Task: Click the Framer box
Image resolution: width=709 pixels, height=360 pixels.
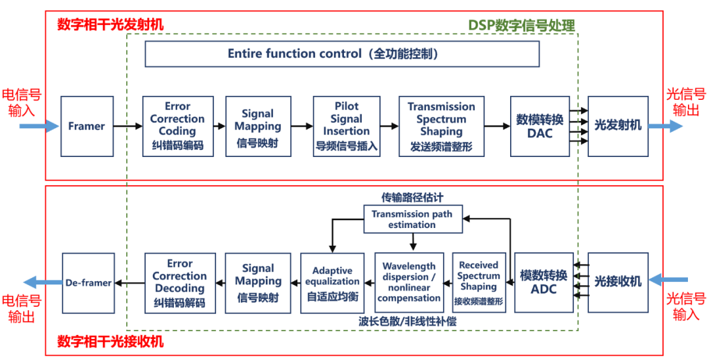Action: pyautogui.click(x=87, y=126)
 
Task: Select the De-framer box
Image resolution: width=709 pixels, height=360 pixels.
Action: pyautogui.click(x=88, y=283)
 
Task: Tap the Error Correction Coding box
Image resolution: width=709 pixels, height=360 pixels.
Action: pyautogui.click(x=178, y=126)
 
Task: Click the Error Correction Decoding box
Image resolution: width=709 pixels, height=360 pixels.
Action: pyautogui.click(x=179, y=282)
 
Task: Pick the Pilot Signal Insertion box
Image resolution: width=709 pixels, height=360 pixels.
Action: pyautogui.click(x=346, y=126)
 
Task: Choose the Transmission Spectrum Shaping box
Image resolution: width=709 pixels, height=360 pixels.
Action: pyautogui.click(x=441, y=126)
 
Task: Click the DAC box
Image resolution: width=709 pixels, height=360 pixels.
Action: pyautogui.click(x=540, y=126)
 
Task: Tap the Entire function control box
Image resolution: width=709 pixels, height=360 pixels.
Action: pyautogui.click(x=341, y=54)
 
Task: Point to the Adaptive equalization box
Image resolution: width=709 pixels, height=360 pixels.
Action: pyautogui.click(x=332, y=282)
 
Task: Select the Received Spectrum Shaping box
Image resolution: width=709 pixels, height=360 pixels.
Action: pyautogui.click(x=479, y=282)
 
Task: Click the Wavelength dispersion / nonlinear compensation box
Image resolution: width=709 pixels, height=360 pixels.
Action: pyautogui.click(x=409, y=282)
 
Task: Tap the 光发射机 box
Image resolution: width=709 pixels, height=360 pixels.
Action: pyautogui.click(x=618, y=126)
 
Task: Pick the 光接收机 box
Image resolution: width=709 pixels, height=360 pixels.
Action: pyautogui.click(x=618, y=282)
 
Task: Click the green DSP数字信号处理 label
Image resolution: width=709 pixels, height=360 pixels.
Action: pyautogui.click(x=521, y=26)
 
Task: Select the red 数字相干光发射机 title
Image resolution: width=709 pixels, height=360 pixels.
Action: pyautogui.click(x=110, y=24)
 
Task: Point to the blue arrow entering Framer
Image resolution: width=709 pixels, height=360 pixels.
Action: pyautogui.click(x=39, y=126)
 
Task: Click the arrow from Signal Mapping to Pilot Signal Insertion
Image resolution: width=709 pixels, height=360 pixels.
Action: pyautogui.click(x=302, y=126)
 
